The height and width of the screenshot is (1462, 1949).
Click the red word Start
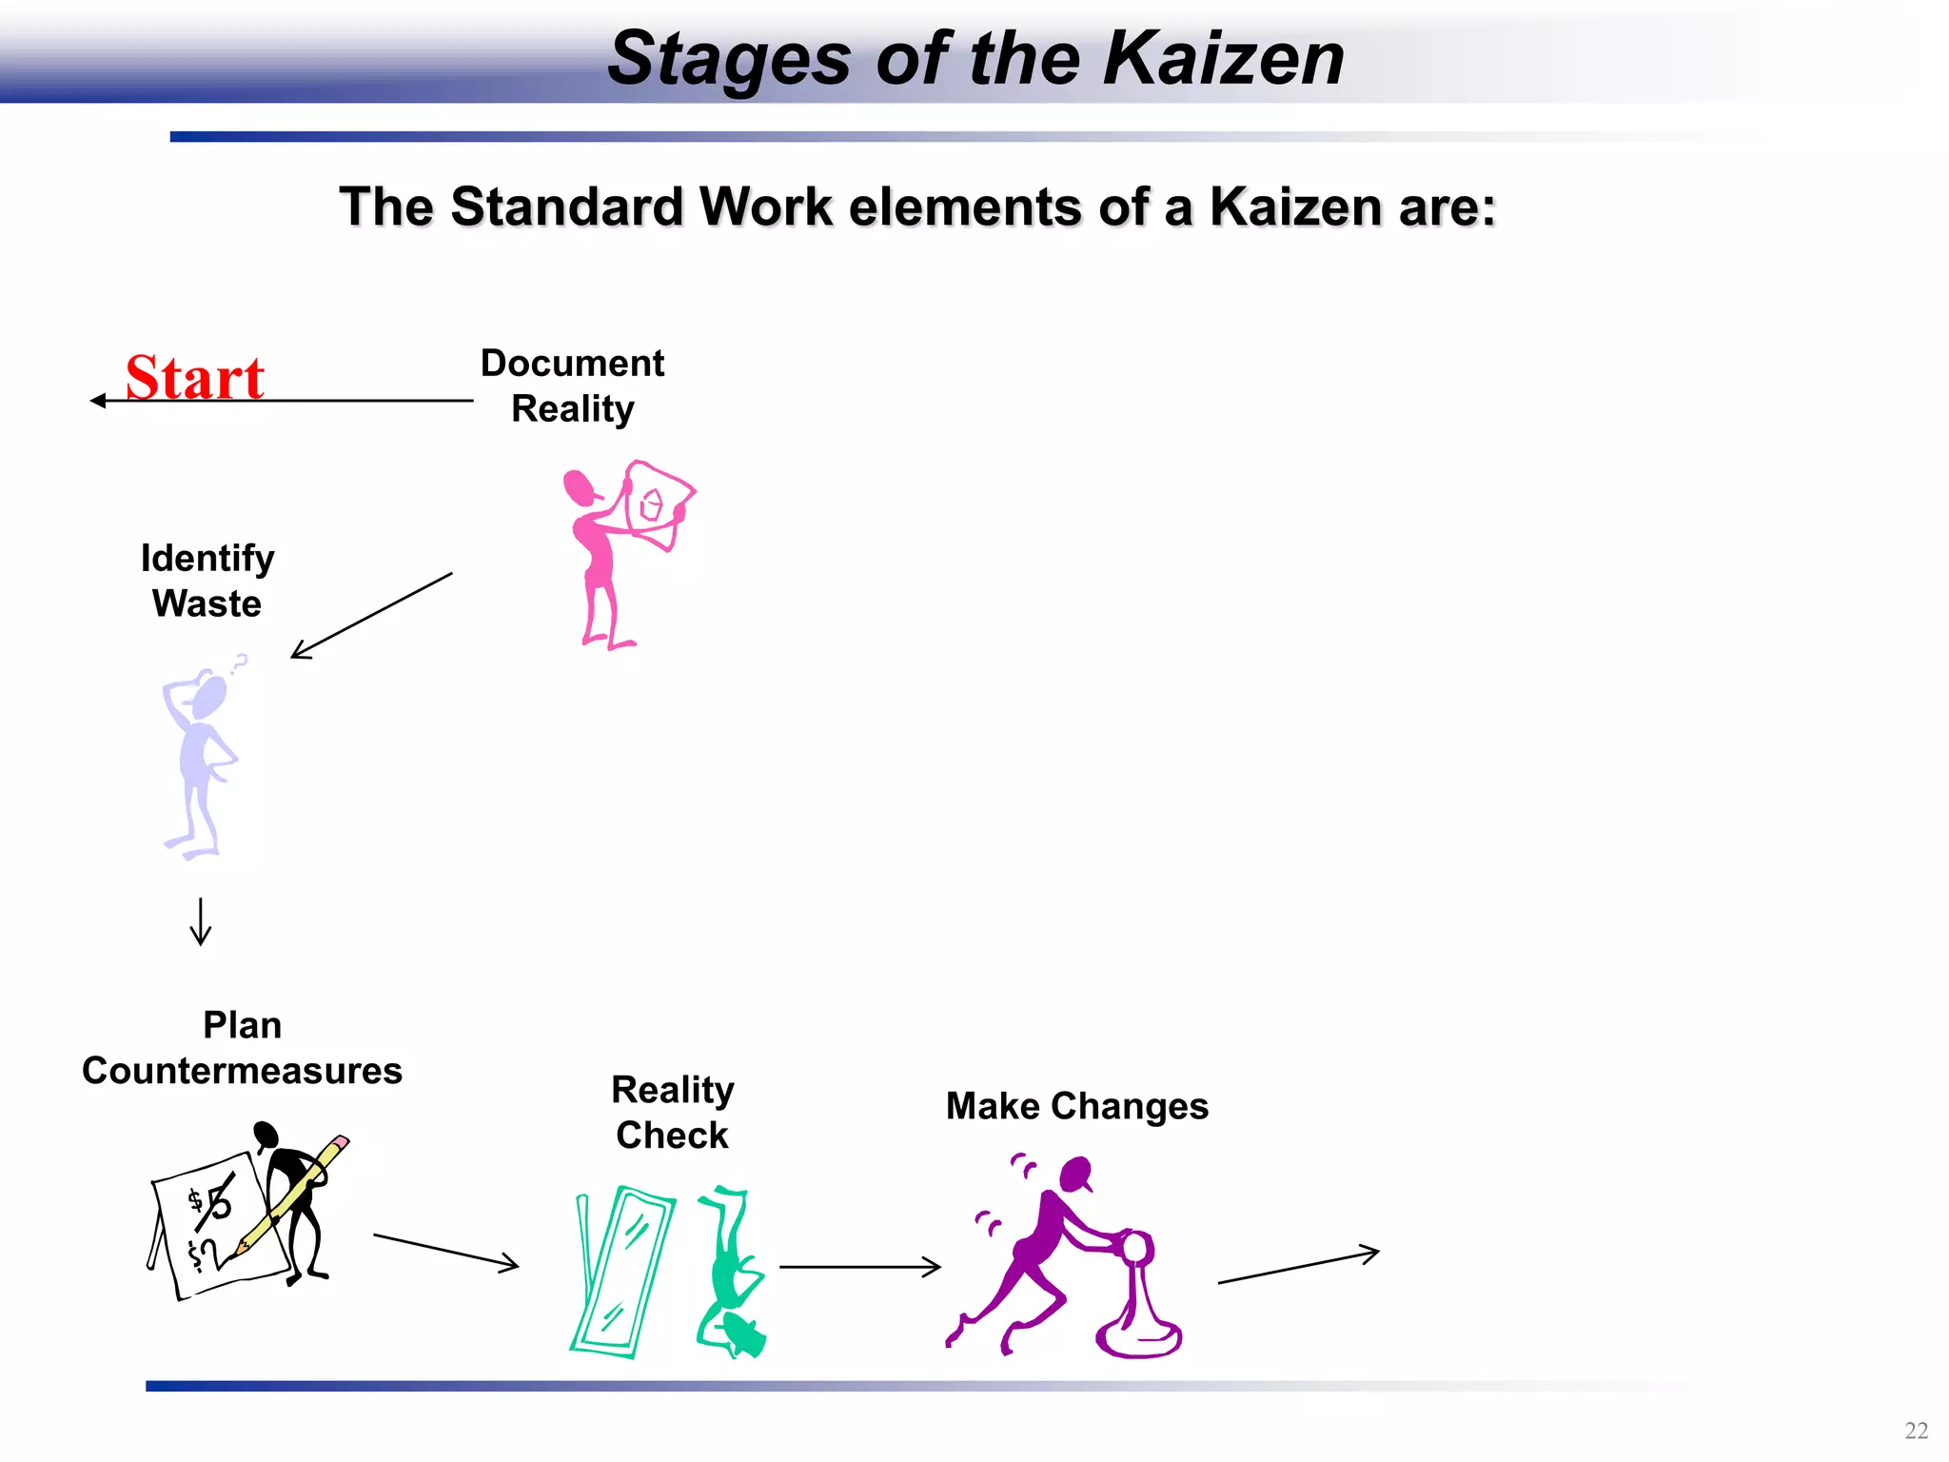pyautogui.click(x=195, y=378)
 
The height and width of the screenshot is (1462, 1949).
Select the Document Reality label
pyautogui.click(x=572, y=385)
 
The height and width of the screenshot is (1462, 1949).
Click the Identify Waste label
pyautogui.click(x=207, y=581)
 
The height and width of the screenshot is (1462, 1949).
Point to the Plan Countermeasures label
pyautogui.click(x=242, y=1048)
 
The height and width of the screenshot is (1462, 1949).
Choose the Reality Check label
pyautogui.click(x=672, y=1112)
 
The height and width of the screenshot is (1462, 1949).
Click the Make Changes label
pyautogui.click(x=1076, y=1106)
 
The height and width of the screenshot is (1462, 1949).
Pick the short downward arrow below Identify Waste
pyautogui.click(x=201, y=921)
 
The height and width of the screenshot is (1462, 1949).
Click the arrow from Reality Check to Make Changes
pyautogui.click(x=859, y=1267)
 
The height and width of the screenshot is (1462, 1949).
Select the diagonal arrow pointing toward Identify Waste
pyautogui.click(x=371, y=616)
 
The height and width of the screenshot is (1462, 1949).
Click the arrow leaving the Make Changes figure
pyautogui.click(x=1298, y=1267)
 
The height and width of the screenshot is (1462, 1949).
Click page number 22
pyautogui.click(x=1916, y=1431)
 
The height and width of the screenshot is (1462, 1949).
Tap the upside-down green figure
pyautogui.click(x=732, y=1271)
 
